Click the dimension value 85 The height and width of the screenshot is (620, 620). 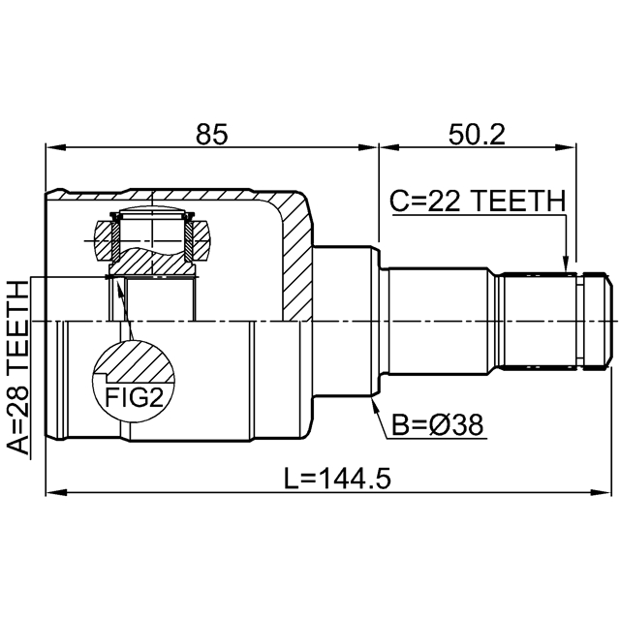pyautogui.click(x=211, y=135)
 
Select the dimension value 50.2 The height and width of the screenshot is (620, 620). pyautogui.click(x=476, y=135)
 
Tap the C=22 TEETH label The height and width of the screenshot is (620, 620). pyautogui.click(x=477, y=201)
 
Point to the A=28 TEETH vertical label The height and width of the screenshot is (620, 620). pyautogui.click(x=18, y=367)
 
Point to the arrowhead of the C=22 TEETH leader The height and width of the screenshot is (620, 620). pyautogui.click(x=565, y=262)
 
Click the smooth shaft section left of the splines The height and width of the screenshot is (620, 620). pyautogui.click(x=441, y=321)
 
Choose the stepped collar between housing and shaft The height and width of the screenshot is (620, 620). pyautogui.click(x=347, y=321)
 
